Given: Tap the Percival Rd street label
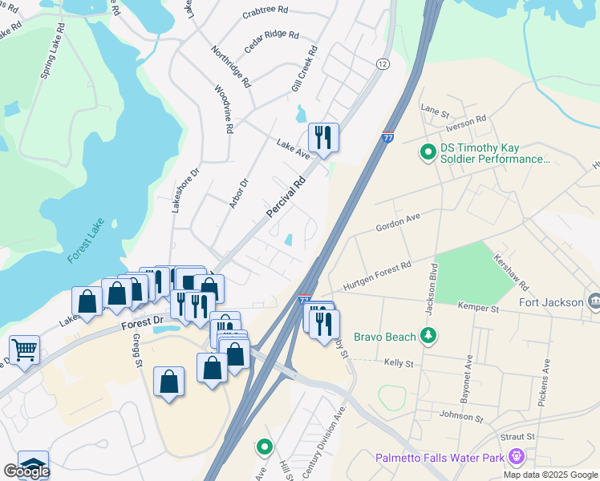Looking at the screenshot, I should (x=286, y=196).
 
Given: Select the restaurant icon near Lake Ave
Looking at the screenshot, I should (x=323, y=137).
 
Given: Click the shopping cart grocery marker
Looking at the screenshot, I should (x=25, y=350).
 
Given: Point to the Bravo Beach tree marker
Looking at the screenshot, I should (x=430, y=333).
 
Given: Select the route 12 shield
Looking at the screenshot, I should (x=382, y=63).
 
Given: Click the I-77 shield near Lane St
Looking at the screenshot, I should (x=387, y=137).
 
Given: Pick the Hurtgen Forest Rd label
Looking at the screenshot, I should (x=377, y=276).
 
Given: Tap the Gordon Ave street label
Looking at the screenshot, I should (x=399, y=223).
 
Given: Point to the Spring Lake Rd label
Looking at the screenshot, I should (x=50, y=55).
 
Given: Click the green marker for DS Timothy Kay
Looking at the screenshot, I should (x=428, y=151).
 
